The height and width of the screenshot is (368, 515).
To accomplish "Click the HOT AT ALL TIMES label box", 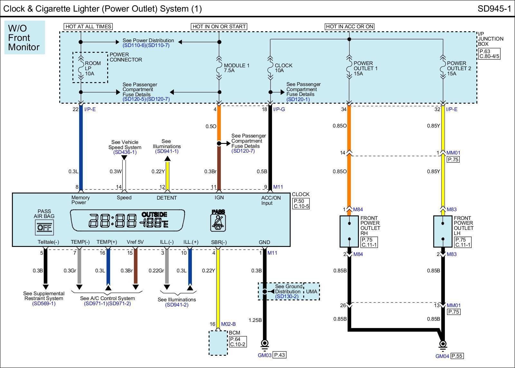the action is [x=88, y=26].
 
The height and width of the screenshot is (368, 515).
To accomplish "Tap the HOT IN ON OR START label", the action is [x=219, y=26].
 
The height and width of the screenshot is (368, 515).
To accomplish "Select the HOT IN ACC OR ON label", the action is [x=350, y=26].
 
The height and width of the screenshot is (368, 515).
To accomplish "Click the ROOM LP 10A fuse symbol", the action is [x=81, y=68].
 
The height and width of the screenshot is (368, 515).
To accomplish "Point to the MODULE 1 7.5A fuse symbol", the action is [x=219, y=68].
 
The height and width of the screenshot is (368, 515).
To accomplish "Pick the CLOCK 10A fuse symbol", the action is [x=270, y=68].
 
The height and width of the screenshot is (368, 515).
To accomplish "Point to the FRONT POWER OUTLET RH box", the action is [x=349, y=231].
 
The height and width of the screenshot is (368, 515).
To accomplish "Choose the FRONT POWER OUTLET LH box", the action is [x=443, y=231].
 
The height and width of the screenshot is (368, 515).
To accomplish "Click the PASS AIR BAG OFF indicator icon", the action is [x=44, y=228].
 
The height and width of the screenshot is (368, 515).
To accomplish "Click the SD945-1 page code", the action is [x=494, y=9].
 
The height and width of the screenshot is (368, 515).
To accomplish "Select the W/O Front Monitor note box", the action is [x=24, y=37].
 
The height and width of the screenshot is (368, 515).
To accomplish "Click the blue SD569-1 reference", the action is [x=44, y=303].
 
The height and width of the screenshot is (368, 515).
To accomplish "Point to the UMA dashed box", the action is [x=312, y=291].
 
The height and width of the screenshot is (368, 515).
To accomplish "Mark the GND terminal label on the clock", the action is [x=264, y=242].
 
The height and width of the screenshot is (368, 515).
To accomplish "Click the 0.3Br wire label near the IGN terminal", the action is [x=210, y=171].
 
